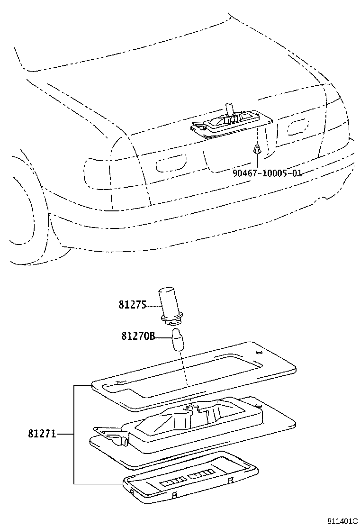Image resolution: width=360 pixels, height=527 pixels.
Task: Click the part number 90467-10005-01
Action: (267, 173)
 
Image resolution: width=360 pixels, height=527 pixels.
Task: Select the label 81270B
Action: (138, 336)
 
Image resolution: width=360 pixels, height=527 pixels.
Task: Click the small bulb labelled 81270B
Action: (178, 339)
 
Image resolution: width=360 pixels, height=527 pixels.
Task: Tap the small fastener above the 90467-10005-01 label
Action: (257, 149)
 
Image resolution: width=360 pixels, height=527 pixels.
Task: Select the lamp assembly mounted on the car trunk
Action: (227, 122)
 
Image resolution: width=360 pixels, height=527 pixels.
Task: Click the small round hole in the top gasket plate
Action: (257, 353)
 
